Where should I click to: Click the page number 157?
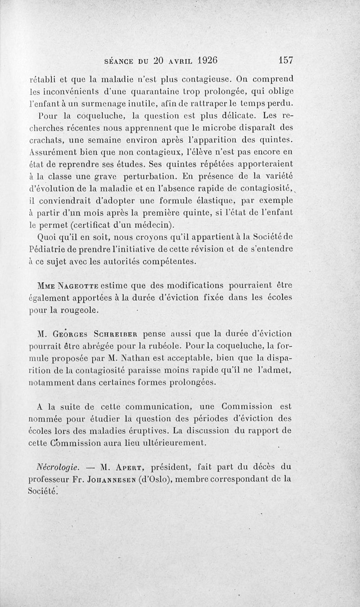[x=286, y=60]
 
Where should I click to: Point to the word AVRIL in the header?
[x=176, y=60]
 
